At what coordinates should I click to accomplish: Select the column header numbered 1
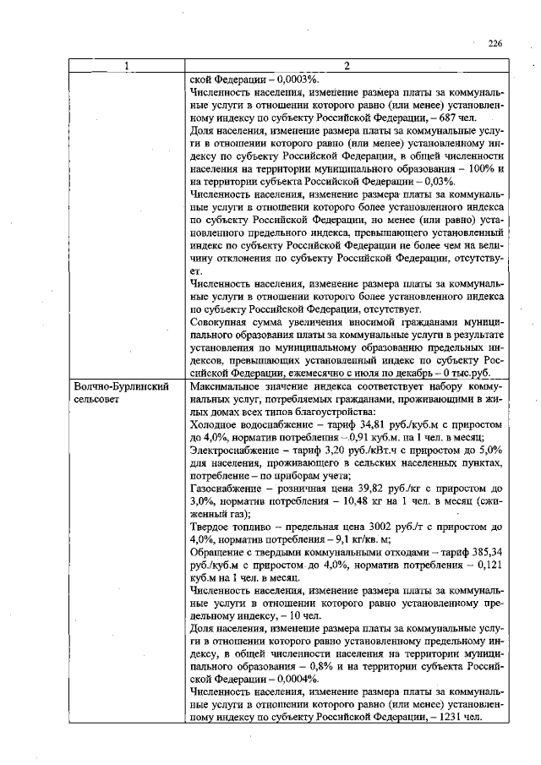(127, 67)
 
